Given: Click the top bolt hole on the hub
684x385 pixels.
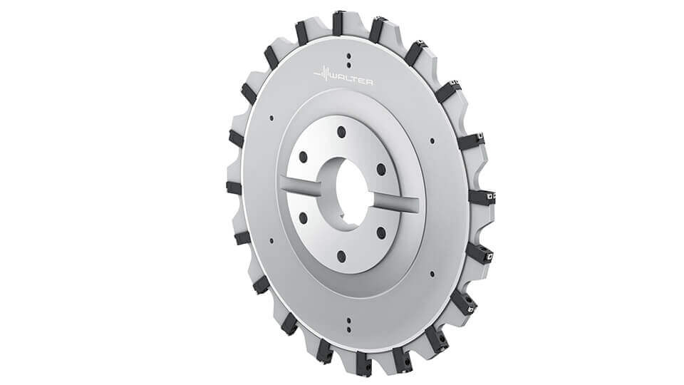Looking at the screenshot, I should pos(342,132).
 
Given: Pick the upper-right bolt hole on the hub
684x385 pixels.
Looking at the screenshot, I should pos(381,169).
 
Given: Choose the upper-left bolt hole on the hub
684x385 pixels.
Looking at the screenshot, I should pos(303,156).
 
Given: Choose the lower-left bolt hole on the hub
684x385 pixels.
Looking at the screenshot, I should pos(303,217).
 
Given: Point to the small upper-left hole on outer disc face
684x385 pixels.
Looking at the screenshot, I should pos(271,118).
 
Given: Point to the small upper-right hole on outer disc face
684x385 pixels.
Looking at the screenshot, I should pos(431,140).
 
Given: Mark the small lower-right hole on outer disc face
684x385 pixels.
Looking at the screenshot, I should pos(432,272).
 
